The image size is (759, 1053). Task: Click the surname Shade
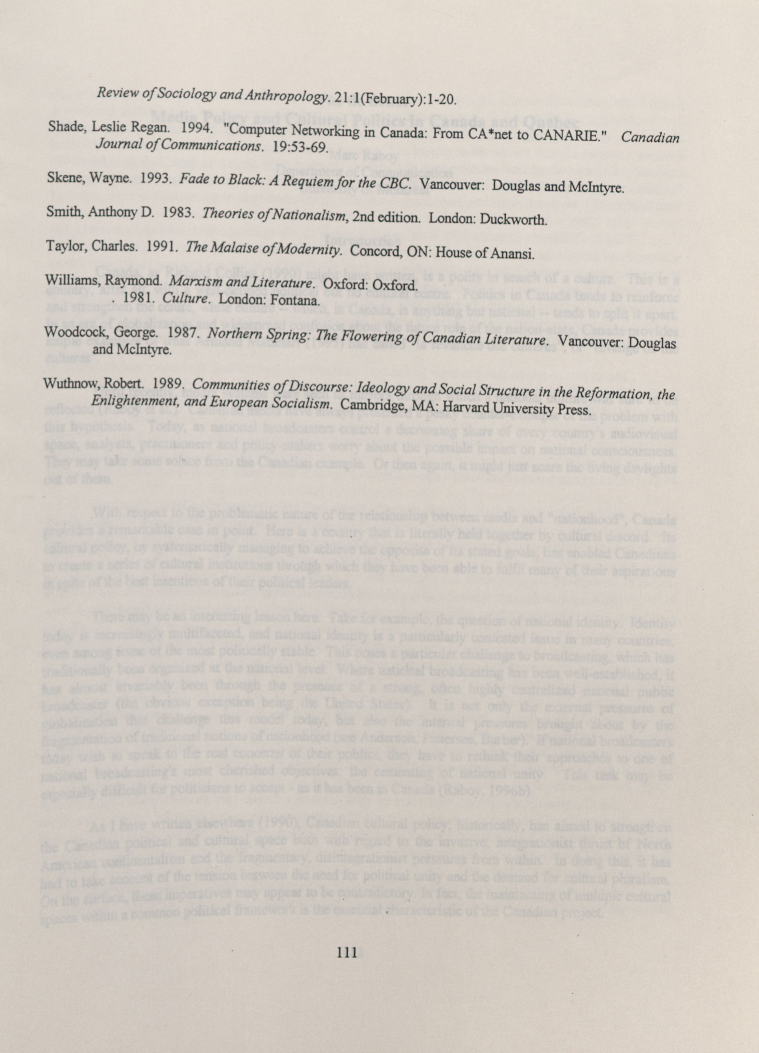(65, 126)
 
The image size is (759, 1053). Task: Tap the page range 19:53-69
(301, 147)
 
